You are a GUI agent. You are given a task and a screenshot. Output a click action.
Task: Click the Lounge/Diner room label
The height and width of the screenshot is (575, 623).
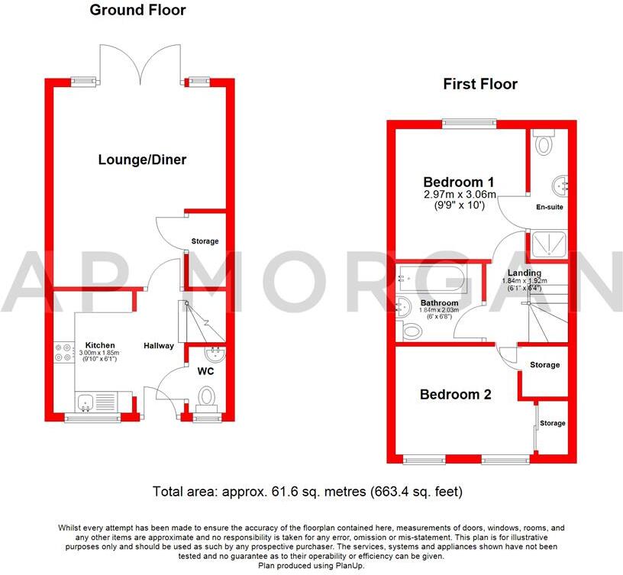[x=143, y=160]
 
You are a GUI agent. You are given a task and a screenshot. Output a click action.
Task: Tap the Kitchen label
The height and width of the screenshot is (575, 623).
[x=100, y=344]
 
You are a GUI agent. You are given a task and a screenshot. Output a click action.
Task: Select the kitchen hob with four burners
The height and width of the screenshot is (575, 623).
[x=63, y=353]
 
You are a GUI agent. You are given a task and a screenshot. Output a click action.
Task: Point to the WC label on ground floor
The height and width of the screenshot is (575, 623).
[x=206, y=372]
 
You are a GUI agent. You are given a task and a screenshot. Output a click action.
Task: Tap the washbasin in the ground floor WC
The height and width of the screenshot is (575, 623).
[x=215, y=353]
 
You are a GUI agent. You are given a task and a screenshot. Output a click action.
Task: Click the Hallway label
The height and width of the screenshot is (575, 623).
[x=159, y=346]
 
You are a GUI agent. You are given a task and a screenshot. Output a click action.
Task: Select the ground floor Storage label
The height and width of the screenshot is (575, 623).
[x=205, y=241]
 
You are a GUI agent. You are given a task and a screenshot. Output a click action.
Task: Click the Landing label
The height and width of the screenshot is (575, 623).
[x=525, y=273]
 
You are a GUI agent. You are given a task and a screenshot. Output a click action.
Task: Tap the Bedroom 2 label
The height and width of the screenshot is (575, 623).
[x=457, y=395]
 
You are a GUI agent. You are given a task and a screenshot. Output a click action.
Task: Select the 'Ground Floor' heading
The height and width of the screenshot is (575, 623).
[x=137, y=11]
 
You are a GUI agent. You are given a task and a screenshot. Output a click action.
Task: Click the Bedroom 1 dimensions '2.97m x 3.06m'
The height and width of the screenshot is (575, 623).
[x=460, y=195]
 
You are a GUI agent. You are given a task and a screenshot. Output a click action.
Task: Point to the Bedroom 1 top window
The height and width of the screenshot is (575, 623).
[x=467, y=123]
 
